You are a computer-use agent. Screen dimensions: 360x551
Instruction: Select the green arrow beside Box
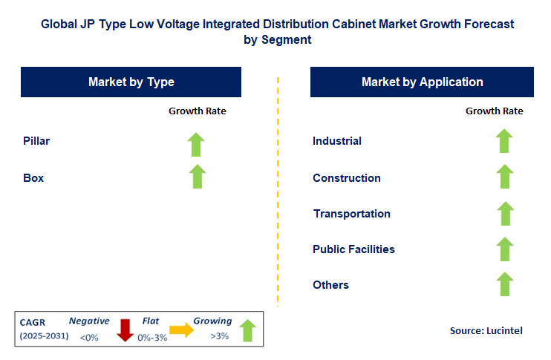tap(196, 177)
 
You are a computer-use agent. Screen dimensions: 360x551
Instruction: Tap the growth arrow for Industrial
tap(504, 141)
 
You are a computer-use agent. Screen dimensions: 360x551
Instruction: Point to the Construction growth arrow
tap(504, 177)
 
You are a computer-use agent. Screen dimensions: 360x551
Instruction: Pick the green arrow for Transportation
tap(504, 213)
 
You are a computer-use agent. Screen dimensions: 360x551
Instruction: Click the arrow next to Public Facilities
tap(504, 249)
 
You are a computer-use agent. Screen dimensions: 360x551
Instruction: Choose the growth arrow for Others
tap(504, 284)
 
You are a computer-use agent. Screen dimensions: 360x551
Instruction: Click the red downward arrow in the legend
tap(124, 329)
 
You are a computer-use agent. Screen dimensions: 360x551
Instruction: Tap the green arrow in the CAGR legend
tap(247, 330)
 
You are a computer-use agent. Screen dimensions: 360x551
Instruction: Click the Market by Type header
tap(131, 82)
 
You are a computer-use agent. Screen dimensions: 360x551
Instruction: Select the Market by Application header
tap(422, 82)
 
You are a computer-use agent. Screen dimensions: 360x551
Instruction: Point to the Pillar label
tap(36, 140)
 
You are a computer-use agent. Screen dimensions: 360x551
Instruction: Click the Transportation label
tap(351, 214)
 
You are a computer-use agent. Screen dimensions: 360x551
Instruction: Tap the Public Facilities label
tap(353, 249)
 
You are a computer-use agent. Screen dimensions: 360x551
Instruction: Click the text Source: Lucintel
tap(486, 330)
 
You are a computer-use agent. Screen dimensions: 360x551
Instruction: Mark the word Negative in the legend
tap(89, 321)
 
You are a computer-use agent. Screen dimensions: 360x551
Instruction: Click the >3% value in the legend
tap(219, 336)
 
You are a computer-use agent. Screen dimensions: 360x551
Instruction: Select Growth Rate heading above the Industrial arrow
tap(494, 111)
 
